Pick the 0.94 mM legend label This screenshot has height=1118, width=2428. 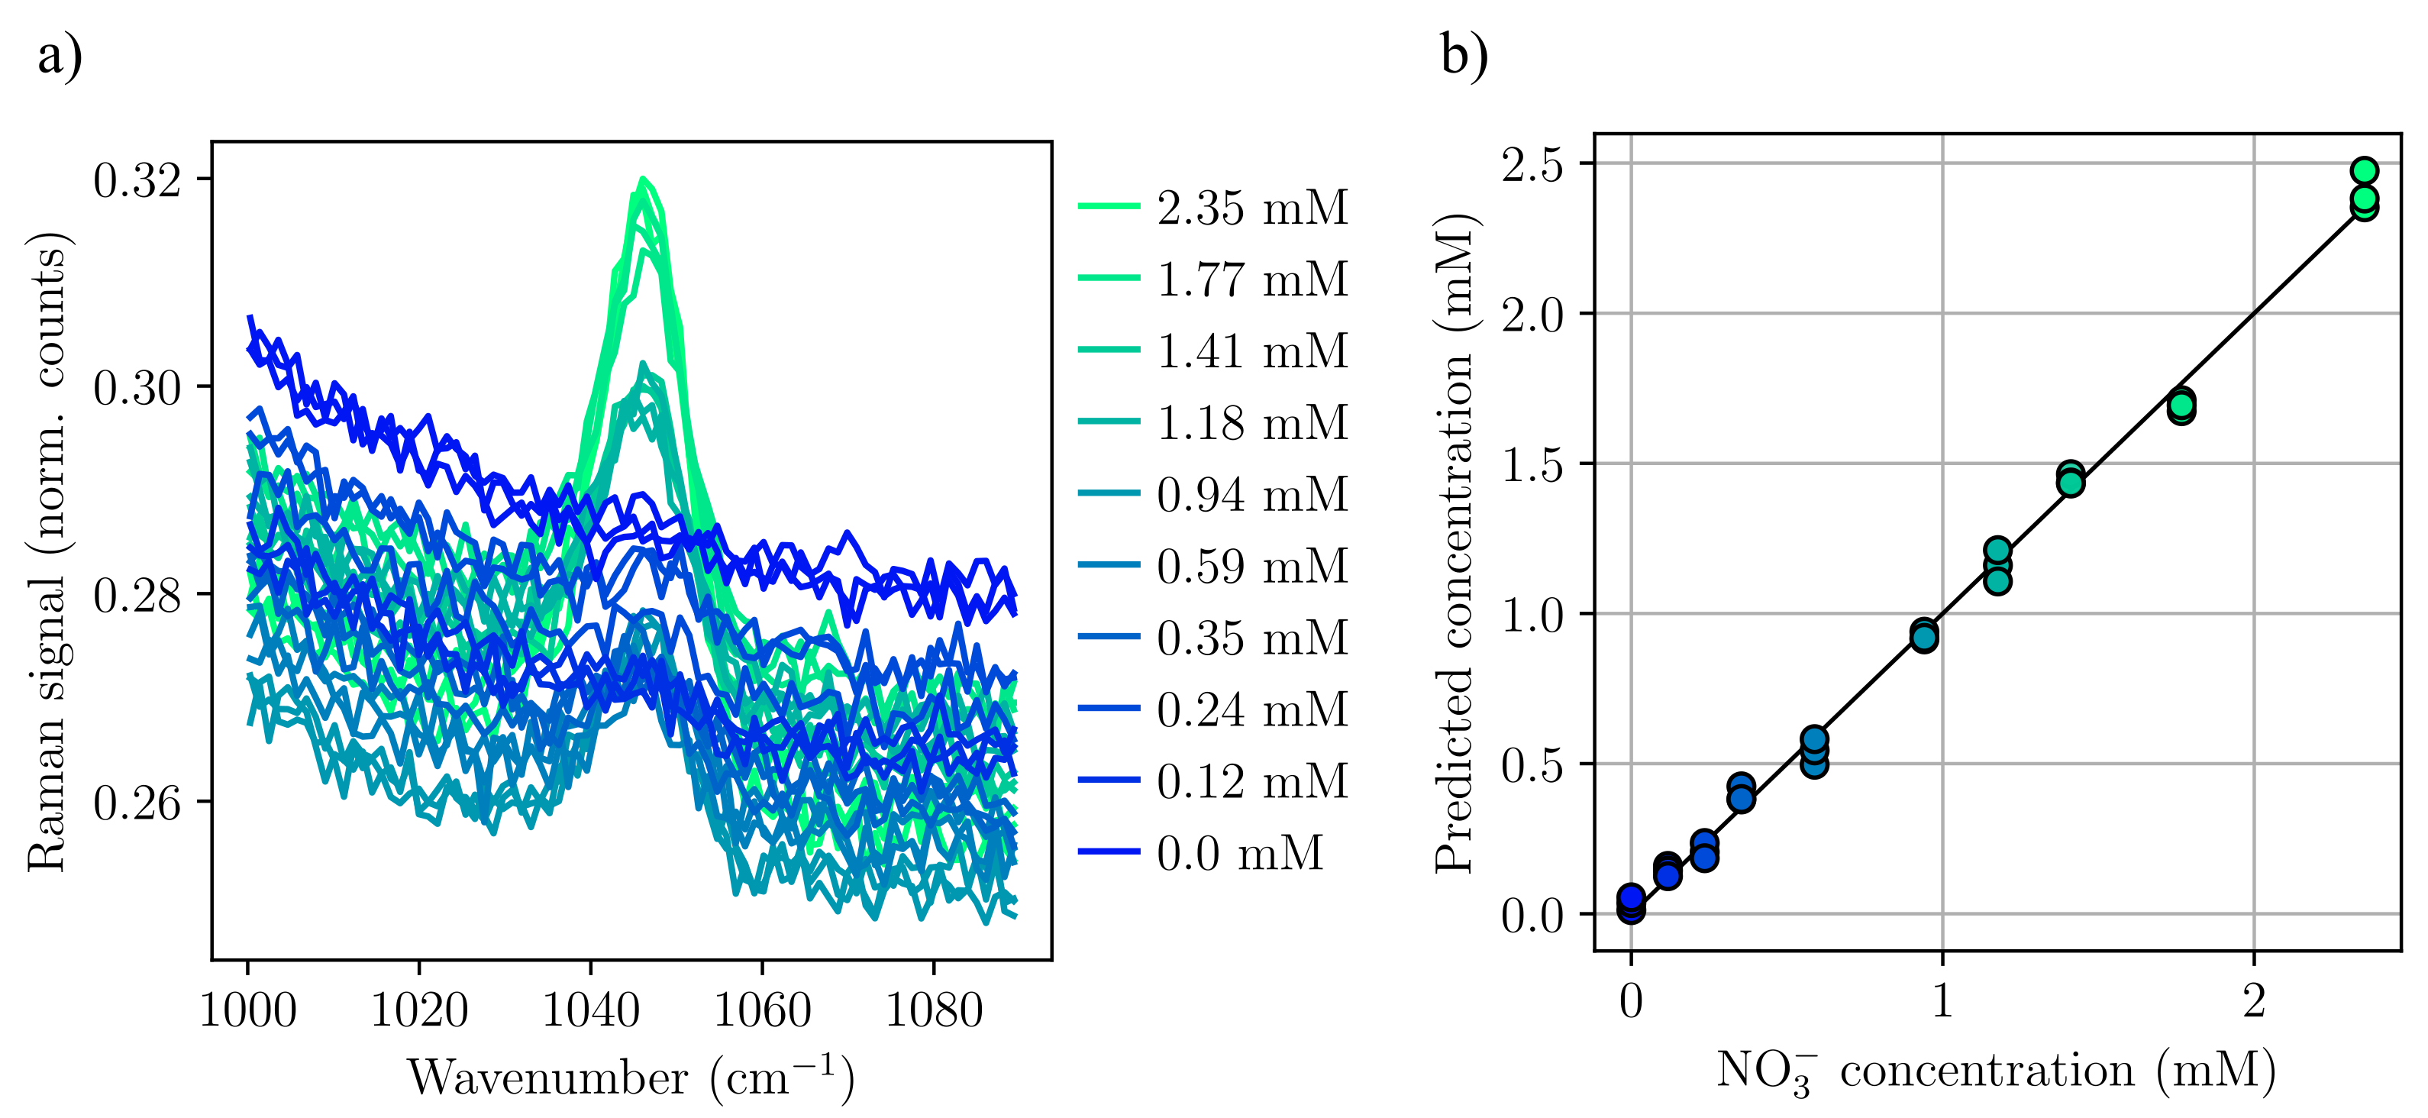pos(1251,495)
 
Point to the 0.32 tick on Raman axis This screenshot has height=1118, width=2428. pos(137,180)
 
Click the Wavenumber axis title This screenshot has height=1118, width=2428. pos(631,1078)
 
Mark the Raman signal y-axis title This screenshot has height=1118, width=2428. pos(47,551)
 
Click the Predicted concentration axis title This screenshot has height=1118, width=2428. pos(1454,543)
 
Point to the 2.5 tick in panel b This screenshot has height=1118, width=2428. pos(1532,164)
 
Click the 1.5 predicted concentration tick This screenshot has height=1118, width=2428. pos(1532,464)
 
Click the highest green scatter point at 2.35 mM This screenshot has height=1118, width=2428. pos(2364,170)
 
